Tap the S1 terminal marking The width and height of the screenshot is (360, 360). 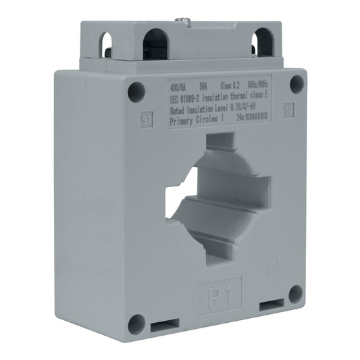(145, 120)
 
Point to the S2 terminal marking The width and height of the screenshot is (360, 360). (288, 110)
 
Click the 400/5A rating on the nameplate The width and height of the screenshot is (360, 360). (178, 86)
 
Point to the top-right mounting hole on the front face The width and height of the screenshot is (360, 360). (296, 83)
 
